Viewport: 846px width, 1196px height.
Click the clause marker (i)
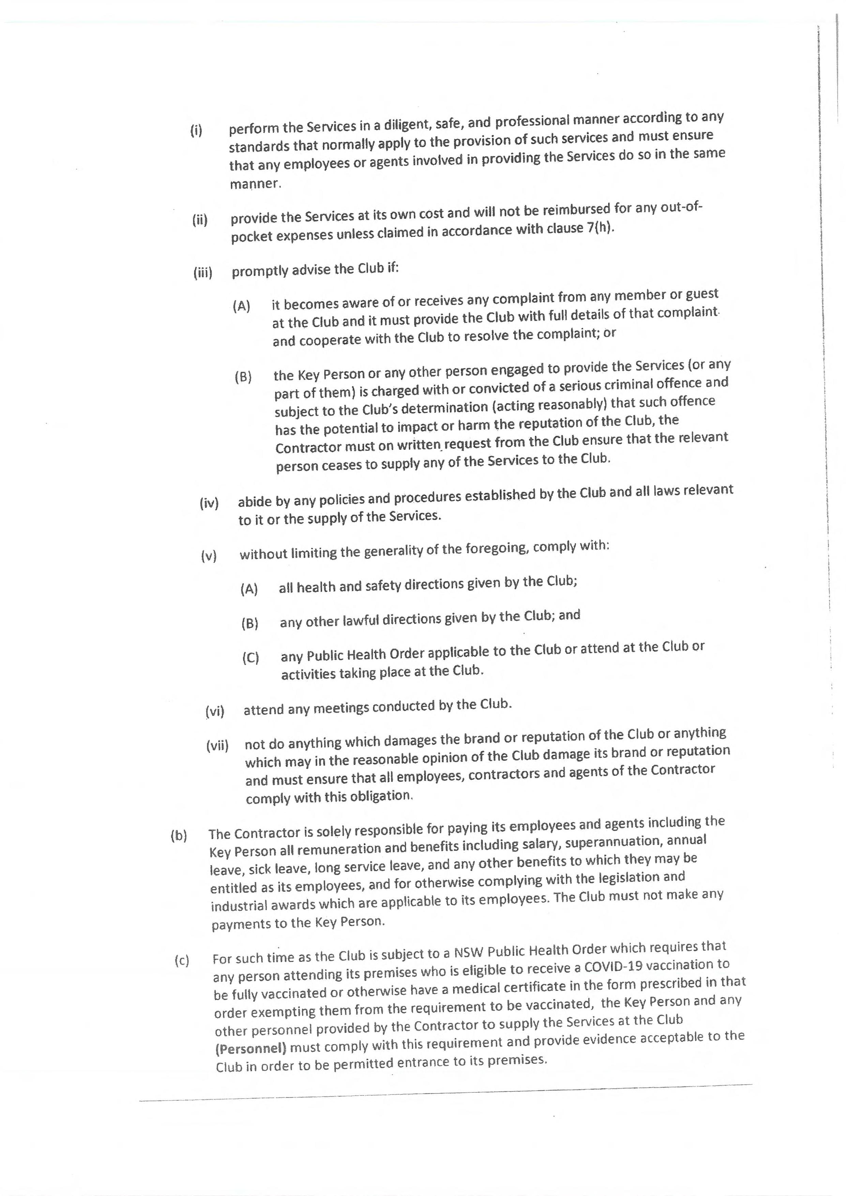(196, 130)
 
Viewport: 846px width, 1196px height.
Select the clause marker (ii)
(199, 220)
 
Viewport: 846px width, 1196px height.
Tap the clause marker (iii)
(203, 273)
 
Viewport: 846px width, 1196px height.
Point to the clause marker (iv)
(209, 503)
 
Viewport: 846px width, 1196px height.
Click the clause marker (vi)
(215, 711)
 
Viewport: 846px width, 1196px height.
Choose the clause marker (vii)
(217, 746)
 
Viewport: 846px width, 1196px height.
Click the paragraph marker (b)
(179, 835)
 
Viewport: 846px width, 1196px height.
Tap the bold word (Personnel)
(251, 1047)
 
